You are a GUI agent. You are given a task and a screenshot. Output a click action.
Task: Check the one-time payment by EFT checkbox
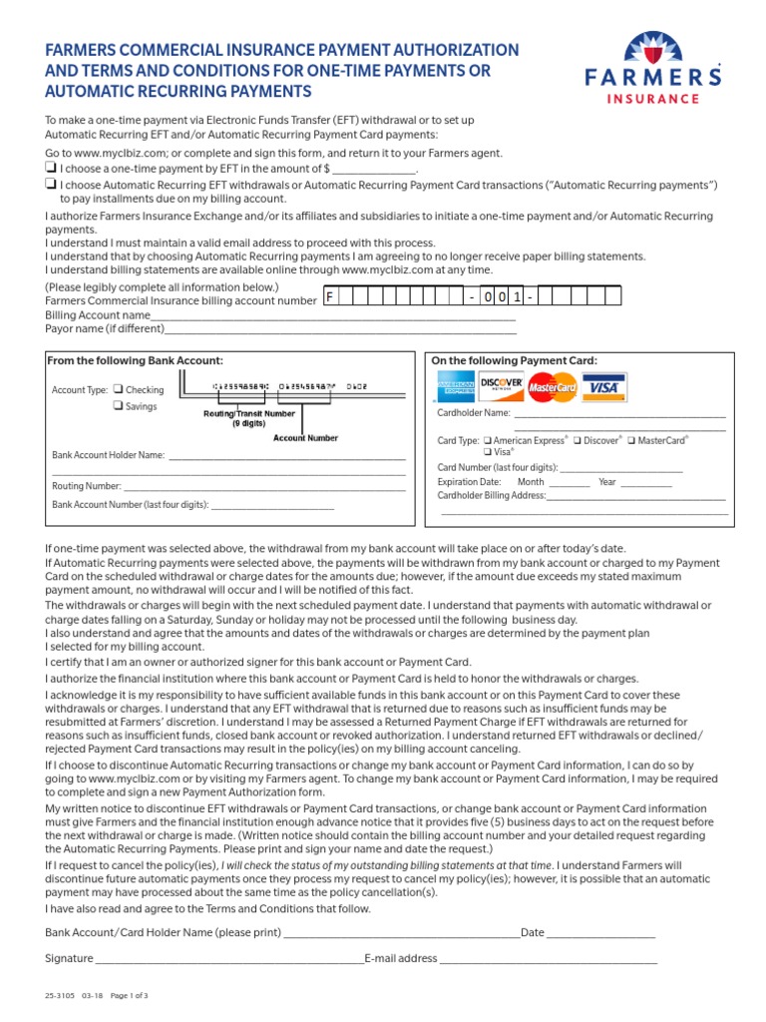[51, 169]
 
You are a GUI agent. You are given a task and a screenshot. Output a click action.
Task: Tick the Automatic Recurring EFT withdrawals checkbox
[51, 185]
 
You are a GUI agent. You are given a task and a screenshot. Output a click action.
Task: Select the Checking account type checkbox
[118, 390]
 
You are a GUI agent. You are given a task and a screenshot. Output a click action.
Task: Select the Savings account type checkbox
[118, 406]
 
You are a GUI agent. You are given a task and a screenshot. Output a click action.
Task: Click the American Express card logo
[456, 386]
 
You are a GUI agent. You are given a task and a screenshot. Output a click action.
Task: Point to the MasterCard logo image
[553, 386]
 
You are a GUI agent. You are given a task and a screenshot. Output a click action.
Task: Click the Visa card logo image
[602, 386]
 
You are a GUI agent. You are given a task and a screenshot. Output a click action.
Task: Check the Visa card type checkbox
[488, 452]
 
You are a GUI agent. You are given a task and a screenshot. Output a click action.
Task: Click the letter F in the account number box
[330, 297]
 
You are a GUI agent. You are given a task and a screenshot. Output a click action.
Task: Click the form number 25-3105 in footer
[61, 996]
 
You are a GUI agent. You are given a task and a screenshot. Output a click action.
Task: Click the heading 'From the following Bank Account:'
[136, 360]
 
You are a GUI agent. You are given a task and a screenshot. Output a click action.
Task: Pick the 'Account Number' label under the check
[305, 437]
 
